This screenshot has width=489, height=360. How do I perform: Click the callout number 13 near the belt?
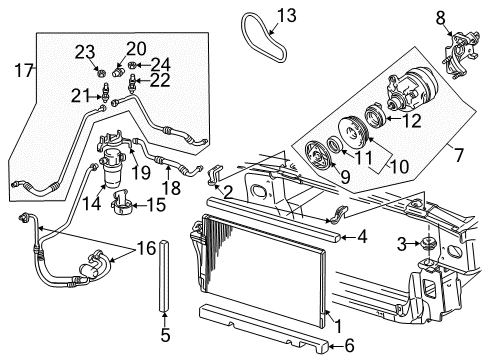pos(287,15)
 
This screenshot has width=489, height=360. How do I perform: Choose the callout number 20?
pos(136,48)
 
